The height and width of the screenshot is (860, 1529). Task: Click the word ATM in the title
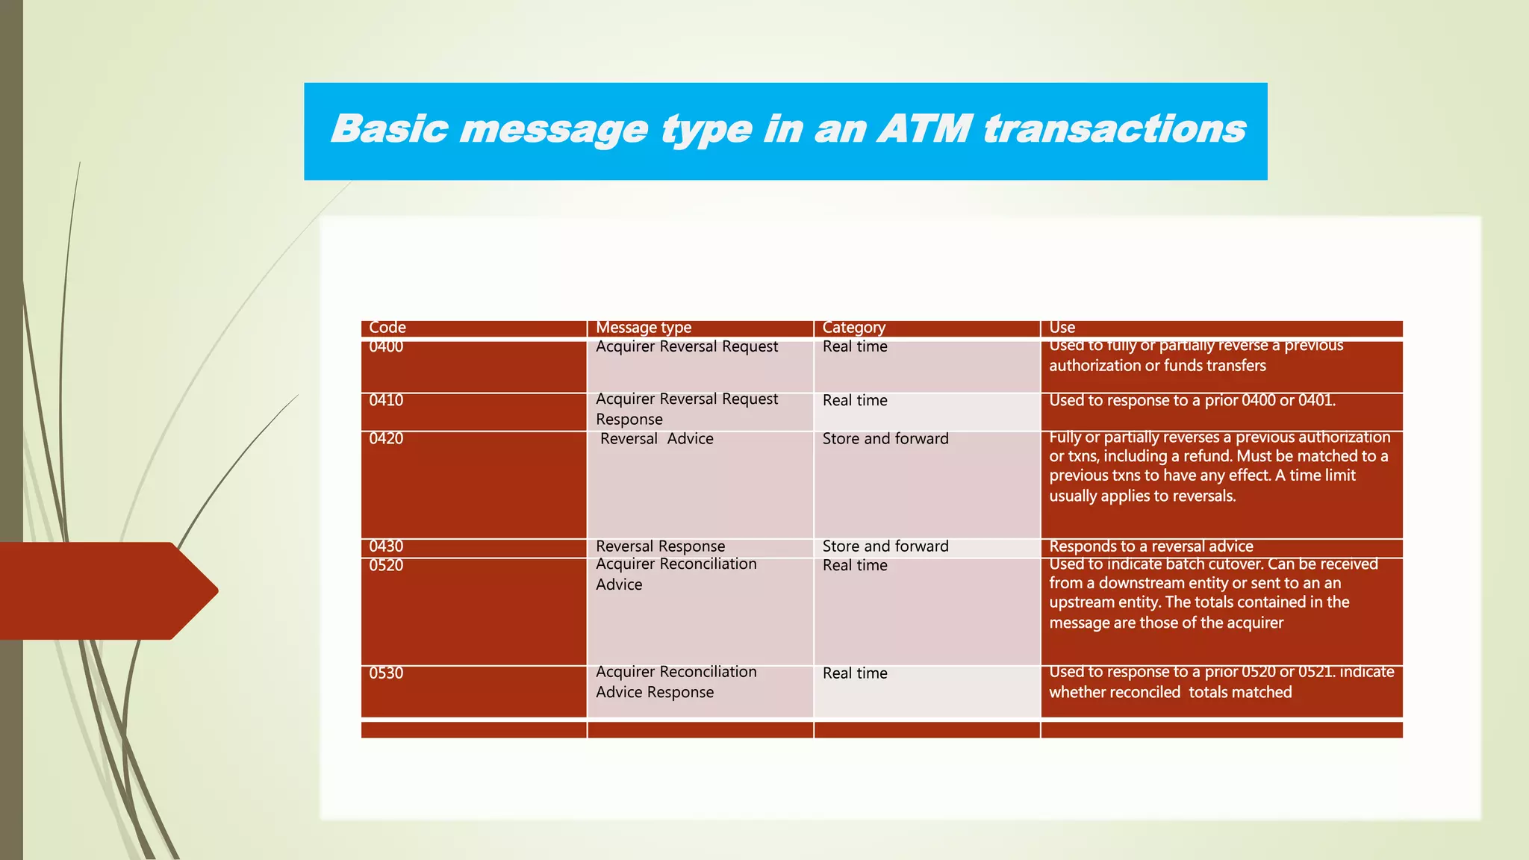pos(926,128)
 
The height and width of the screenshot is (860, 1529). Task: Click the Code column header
pos(387,328)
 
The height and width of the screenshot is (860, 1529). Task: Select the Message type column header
pos(644,328)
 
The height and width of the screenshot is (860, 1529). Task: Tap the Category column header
pos(853,328)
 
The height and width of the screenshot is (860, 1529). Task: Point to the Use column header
pos(1062,328)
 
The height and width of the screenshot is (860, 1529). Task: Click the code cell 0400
pos(386,347)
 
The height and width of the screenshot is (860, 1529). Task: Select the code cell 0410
pos(386,401)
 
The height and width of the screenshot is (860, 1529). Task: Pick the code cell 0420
pos(386,439)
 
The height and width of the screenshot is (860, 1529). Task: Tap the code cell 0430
pos(386,546)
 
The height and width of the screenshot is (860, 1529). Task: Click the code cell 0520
pos(386,566)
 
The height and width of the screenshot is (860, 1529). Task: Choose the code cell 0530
pos(386,673)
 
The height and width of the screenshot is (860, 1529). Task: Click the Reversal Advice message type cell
pos(656,439)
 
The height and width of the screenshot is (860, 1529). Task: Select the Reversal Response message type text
pos(660,546)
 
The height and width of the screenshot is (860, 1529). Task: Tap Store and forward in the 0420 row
pos(885,439)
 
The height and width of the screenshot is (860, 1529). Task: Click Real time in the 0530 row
pos(855,673)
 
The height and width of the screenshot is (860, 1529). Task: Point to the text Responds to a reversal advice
pos(1150,546)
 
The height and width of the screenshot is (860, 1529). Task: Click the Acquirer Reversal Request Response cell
pos(686,409)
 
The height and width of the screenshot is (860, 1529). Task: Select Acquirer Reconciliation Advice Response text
pos(676,682)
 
